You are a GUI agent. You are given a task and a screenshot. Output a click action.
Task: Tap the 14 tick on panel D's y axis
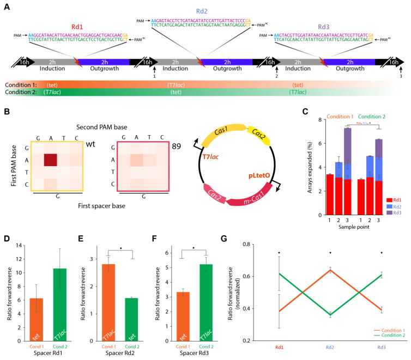tap(21, 232)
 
